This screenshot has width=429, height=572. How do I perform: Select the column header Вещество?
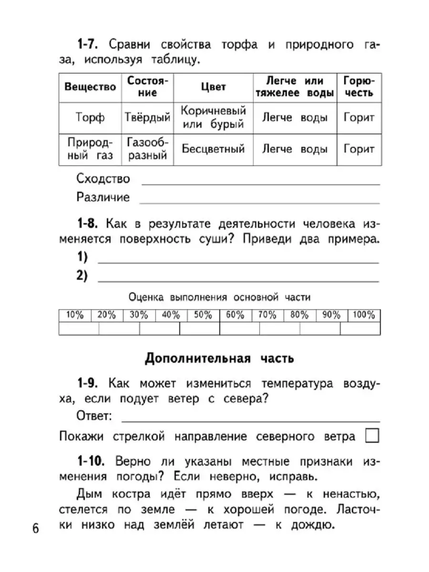point(90,87)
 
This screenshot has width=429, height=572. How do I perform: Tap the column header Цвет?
point(213,87)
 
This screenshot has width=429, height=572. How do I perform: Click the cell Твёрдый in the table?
point(147,118)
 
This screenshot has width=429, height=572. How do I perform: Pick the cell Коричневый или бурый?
point(213,118)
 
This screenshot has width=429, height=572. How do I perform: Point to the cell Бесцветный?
point(213,149)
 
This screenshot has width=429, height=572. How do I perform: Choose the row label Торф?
point(90,118)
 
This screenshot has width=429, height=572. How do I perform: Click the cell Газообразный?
point(147,149)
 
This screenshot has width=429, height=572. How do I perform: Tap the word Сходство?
point(102,179)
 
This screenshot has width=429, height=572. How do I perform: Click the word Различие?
point(102,197)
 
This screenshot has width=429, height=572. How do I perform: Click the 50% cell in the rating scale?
point(204,316)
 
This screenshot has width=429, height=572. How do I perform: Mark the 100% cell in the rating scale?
point(364,316)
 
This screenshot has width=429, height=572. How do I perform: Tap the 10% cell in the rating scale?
point(75,316)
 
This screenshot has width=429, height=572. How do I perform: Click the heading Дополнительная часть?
point(219,358)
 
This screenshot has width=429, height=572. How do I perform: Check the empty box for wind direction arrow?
point(372,436)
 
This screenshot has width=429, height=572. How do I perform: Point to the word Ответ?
point(94,416)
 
